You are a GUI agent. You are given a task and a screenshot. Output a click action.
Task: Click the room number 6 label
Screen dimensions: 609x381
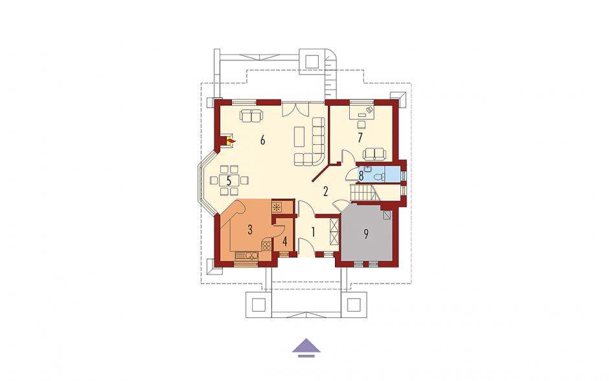pyautogui.click(x=263, y=140)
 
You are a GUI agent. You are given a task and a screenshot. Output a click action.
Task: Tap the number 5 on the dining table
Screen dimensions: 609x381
pyautogui.click(x=229, y=180)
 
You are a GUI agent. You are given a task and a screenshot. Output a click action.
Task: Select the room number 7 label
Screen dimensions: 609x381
pyautogui.click(x=360, y=138)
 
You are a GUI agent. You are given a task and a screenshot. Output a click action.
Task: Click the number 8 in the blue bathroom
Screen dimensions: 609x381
pyautogui.click(x=361, y=176)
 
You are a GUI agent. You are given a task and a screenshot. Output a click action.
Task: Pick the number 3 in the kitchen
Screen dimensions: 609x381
pyautogui.click(x=250, y=230)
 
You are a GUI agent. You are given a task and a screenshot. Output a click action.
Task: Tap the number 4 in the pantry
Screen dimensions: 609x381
pyautogui.click(x=284, y=241)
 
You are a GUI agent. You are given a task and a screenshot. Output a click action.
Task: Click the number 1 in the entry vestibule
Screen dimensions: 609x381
pyautogui.click(x=313, y=232)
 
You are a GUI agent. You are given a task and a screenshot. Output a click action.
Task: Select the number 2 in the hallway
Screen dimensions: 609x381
pyautogui.click(x=325, y=191)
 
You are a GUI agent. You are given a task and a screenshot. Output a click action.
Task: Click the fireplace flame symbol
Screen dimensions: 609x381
pyautogui.click(x=231, y=140)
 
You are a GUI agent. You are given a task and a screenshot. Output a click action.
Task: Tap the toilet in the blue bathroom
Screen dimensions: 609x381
pyautogui.click(x=379, y=177)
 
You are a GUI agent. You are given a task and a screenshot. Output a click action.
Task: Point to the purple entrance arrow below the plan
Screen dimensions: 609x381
pyautogui.click(x=306, y=347)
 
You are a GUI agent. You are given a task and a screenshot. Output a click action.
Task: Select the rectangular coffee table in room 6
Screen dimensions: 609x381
pyautogui.click(x=299, y=136)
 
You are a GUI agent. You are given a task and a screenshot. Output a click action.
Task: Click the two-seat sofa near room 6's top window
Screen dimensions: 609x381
pyautogui.click(x=251, y=116)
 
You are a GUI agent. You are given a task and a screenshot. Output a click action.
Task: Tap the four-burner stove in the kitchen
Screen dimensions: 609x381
pyautogui.click(x=266, y=245)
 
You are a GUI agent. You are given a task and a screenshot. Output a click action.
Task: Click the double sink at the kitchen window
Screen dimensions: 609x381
pyautogui.click(x=246, y=256)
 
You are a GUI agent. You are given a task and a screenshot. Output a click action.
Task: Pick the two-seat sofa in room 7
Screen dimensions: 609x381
pyautogui.click(x=374, y=154)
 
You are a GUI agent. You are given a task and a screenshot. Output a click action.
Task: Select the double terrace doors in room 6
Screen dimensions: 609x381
pyautogui.click(x=295, y=108)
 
